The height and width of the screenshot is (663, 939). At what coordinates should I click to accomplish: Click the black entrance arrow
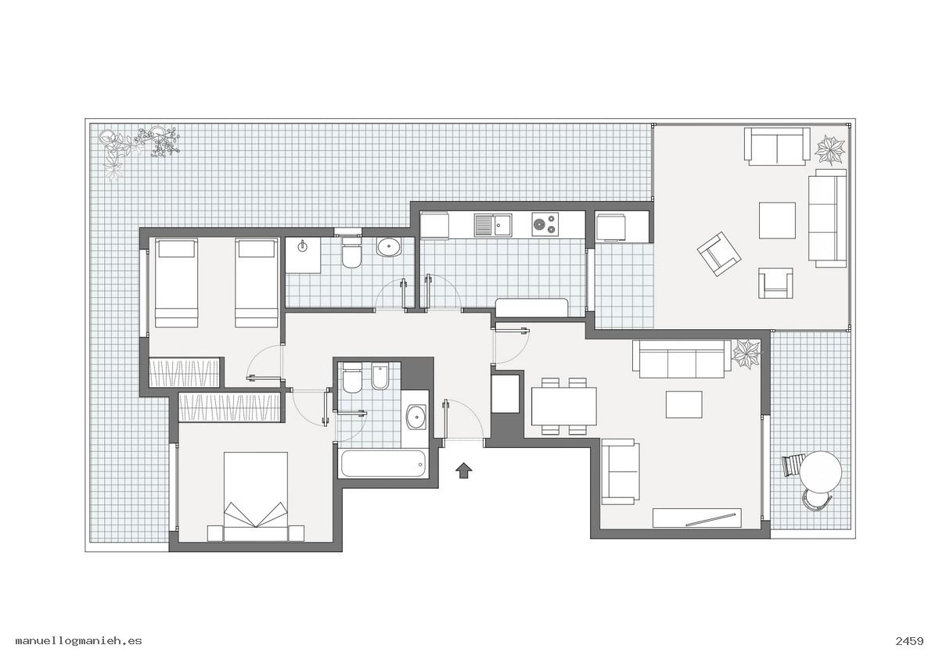tap(463, 471)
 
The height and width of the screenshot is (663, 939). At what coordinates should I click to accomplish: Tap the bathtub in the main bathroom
tap(384, 464)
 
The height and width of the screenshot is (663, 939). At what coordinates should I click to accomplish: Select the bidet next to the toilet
tap(380, 376)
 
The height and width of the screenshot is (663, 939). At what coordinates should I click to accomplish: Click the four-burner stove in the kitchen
tap(545, 224)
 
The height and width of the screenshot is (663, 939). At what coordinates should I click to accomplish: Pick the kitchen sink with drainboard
tap(493, 225)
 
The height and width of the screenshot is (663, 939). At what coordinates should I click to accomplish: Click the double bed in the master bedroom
tap(256, 496)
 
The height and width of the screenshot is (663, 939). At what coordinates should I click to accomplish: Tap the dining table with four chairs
tap(564, 407)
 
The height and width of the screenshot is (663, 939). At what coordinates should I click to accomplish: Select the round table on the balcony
tap(820, 471)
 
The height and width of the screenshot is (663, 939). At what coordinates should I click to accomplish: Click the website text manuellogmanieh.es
tap(79, 641)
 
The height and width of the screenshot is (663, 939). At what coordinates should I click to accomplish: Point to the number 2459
tap(909, 641)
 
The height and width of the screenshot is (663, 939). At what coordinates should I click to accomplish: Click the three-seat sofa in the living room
tap(682, 359)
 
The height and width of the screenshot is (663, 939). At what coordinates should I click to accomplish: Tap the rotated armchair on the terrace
tap(719, 254)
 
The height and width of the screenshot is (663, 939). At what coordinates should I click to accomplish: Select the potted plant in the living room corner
tap(747, 354)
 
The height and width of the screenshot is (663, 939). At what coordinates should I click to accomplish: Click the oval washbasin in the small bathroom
tap(389, 247)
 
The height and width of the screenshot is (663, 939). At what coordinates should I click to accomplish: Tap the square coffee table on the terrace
tap(777, 220)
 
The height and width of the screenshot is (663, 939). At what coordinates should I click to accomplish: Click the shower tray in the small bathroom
tap(303, 255)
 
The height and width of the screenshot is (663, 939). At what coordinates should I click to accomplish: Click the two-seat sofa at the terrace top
tap(777, 146)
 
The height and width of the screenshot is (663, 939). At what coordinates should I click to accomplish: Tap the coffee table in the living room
tap(684, 404)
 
